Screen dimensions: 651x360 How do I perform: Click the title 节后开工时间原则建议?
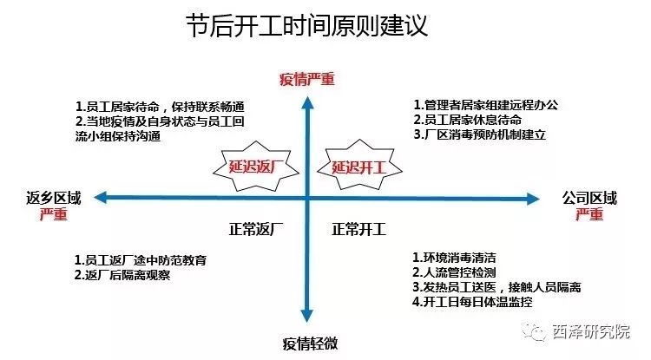point(306,26)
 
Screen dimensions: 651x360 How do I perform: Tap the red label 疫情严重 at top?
point(306,79)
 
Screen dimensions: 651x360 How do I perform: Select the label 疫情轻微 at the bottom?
point(310,343)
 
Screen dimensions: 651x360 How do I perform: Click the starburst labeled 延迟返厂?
point(256,167)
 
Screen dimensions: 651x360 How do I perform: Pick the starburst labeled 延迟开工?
point(359,167)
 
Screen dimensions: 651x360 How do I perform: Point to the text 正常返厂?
point(256,229)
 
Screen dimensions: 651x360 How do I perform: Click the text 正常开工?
point(358,229)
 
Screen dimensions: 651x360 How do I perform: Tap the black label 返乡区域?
point(53,198)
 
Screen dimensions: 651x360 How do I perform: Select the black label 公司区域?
point(589,198)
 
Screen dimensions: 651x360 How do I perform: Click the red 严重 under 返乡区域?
point(54,214)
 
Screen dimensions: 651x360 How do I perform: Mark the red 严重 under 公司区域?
point(589,214)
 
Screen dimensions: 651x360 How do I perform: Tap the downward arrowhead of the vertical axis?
point(306,316)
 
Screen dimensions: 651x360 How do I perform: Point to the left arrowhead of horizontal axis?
point(101,198)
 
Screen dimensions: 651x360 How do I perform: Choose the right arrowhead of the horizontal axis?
point(533,199)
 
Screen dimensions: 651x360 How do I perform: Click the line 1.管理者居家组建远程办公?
point(486,105)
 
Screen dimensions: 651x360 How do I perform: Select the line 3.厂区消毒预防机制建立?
point(479,134)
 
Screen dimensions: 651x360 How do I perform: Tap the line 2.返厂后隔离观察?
point(122,275)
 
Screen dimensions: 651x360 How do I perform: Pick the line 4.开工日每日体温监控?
point(472,302)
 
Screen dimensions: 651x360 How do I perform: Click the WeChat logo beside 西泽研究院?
point(534,332)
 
